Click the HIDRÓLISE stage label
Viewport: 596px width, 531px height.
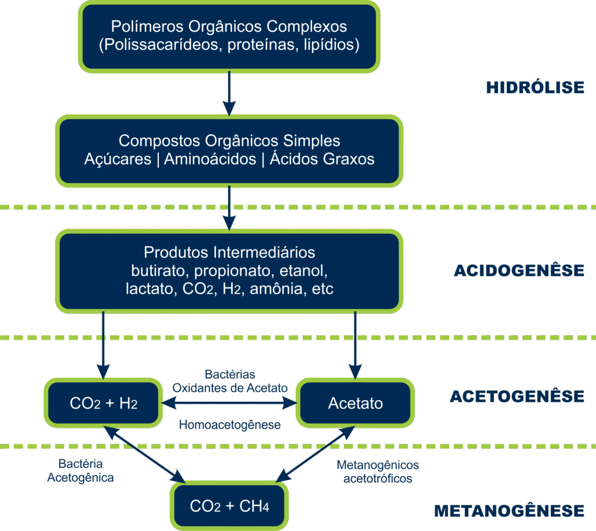tap(535, 88)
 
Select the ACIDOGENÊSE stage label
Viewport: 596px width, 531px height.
tap(518, 270)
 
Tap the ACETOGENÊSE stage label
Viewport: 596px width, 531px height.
tap(516, 397)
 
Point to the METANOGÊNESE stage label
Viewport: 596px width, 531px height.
tap(509, 511)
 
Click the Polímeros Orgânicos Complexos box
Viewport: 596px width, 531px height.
tap(230, 36)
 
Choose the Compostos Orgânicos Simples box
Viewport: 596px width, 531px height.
tap(229, 150)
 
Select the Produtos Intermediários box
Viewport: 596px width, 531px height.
tap(229, 270)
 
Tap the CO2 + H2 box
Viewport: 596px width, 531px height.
tap(104, 403)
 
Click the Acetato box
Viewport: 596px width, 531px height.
tap(355, 403)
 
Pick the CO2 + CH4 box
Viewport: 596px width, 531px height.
tap(229, 506)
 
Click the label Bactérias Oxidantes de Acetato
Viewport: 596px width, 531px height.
tap(230, 381)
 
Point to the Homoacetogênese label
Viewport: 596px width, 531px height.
tap(229, 425)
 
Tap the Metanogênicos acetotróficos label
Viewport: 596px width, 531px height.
tap(378, 472)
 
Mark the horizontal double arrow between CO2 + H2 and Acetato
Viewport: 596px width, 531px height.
tap(229, 402)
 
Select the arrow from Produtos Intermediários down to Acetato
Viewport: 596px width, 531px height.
tap(355, 343)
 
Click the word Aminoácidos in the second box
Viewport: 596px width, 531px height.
tap(210, 159)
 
